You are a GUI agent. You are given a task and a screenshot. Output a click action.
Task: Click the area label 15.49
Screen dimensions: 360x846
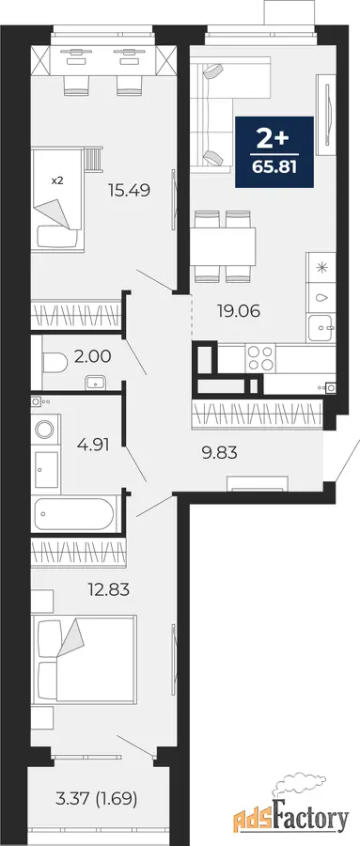coord(128,190)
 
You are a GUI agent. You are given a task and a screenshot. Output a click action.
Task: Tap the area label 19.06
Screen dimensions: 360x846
coord(239,311)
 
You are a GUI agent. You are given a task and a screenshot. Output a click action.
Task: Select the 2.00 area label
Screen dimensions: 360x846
coord(93,356)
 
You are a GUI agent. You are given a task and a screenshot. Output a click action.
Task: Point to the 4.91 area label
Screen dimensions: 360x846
coord(93,446)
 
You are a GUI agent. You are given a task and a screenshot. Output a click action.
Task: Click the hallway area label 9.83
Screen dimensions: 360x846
coord(219,453)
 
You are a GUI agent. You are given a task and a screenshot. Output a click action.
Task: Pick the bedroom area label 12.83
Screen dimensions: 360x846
coord(108,590)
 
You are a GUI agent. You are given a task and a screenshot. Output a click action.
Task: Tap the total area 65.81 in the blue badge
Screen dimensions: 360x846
coord(274,166)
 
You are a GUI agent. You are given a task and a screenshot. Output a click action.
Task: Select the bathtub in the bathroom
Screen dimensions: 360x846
coord(73,513)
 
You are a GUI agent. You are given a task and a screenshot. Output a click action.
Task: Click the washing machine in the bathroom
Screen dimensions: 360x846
coord(45,430)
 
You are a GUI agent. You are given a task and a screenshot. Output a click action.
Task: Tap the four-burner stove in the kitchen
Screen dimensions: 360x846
coord(260,358)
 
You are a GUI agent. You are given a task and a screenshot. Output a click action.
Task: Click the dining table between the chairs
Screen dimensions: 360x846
coord(223,246)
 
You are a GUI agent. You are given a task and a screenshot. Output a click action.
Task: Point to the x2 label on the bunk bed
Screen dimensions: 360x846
coord(57,180)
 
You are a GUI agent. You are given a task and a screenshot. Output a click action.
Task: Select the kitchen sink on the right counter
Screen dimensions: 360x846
coord(321,327)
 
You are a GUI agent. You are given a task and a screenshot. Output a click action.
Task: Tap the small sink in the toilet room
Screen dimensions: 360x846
coord(96,382)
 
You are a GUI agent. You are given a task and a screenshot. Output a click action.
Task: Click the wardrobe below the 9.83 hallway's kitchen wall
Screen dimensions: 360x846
coord(258,415)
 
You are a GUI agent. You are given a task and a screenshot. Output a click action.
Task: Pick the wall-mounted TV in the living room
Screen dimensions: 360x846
coord(328,115)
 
